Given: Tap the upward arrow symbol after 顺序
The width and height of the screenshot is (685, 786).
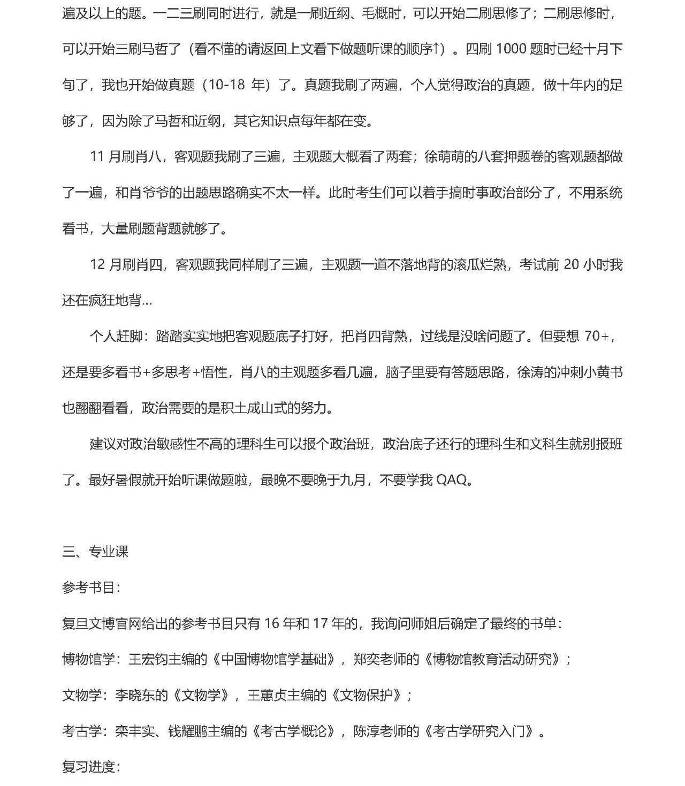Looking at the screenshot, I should coord(439,49).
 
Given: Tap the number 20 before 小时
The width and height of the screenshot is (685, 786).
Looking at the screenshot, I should coord(572,264).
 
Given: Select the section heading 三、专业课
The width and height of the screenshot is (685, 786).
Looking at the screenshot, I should coord(95,552).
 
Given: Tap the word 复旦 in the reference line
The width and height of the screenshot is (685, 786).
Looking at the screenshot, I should coord(75,623).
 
